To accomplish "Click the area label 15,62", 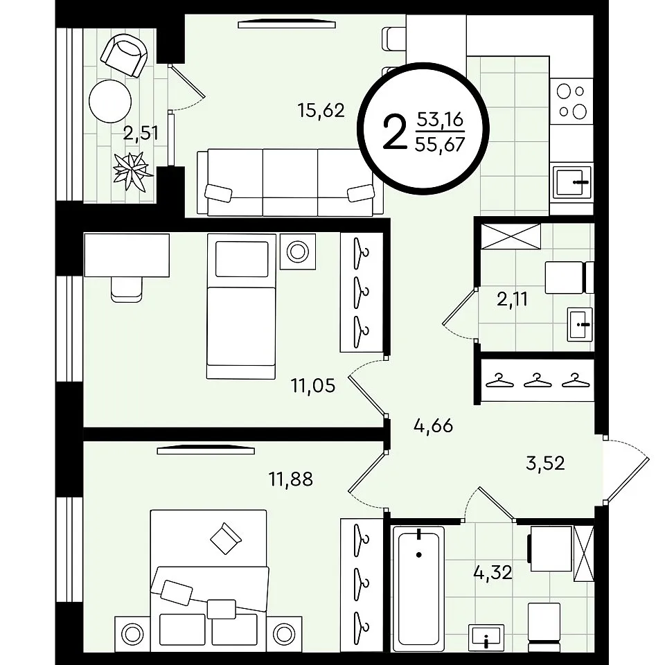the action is tap(321, 111).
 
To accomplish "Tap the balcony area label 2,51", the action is tap(141, 134).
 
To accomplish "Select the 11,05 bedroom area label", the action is tap(313, 386).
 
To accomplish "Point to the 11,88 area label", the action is tap(291, 479).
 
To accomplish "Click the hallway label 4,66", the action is tap(434, 425).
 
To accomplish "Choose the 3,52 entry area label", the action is tap(545, 463).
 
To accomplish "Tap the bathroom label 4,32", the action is tap(493, 573).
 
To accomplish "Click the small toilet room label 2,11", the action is tap(513, 299).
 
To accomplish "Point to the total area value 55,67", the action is tap(441, 145).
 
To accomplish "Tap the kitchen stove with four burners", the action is tap(571, 101).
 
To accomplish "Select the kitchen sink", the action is tap(572, 182).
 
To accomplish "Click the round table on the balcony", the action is tap(110, 101).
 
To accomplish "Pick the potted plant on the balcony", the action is tap(132, 172).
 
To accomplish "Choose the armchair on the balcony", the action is tap(124, 55).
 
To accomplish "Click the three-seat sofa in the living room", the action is tap(290, 182).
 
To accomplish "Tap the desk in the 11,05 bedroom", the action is tap(127, 255).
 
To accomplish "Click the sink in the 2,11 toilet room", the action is tap(580, 324).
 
